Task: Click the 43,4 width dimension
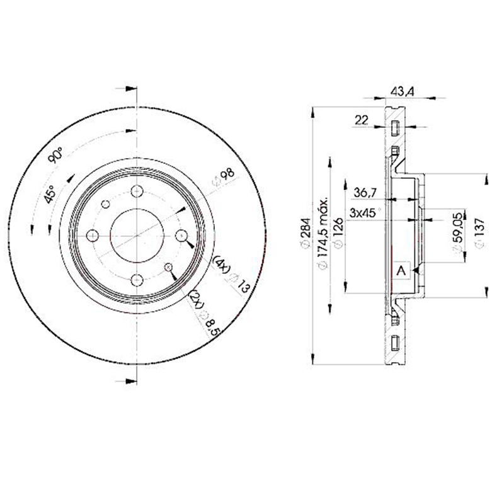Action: [x=402, y=91]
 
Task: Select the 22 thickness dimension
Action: [x=361, y=120]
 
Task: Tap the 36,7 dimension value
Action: [x=365, y=193]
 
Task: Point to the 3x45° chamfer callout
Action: [x=365, y=212]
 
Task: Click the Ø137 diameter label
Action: [x=479, y=233]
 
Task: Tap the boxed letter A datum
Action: [x=401, y=271]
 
